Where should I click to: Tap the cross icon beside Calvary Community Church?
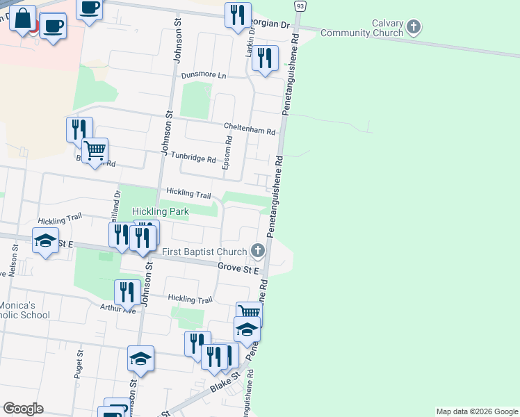coord(414,28)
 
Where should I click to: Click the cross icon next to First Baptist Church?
coord(257,251)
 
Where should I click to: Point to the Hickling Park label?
coord(160,211)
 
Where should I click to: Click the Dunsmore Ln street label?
coord(204,75)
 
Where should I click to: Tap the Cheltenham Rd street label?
coord(250,129)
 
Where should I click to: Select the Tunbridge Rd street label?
coord(193,158)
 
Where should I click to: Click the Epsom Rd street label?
coord(226,152)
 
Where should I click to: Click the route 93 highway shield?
coord(300,6)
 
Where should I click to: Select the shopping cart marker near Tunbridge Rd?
coord(95,149)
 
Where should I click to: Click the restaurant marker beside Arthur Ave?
coord(127,291)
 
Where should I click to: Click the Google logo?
coord(23,409)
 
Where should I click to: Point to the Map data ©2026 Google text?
coord(477,411)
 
